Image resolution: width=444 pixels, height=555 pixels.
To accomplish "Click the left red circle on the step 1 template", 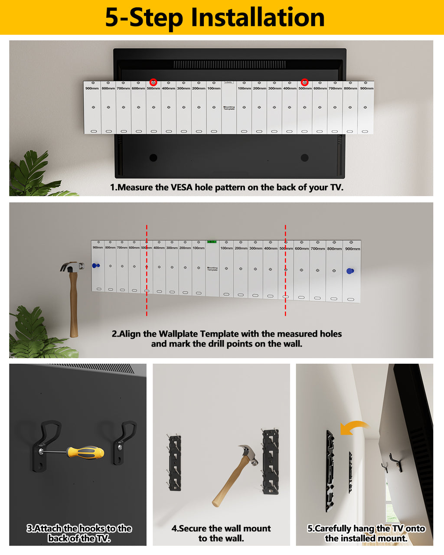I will pyautogui.click(x=153, y=82).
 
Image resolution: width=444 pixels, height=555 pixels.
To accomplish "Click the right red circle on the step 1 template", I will pyautogui.click(x=305, y=82).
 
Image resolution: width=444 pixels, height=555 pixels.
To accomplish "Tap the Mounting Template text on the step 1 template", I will pyautogui.click(x=229, y=108).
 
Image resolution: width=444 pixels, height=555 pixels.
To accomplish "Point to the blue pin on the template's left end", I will pyautogui.click(x=96, y=266).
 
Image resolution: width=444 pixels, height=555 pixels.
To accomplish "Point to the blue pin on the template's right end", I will pyautogui.click(x=350, y=271).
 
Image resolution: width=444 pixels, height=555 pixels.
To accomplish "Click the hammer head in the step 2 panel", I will pyautogui.click(x=72, y=267).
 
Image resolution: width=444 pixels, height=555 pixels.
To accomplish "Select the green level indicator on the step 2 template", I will pyautogui.click(x=212, y=242).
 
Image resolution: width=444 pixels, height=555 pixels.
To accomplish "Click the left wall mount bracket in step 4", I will pyautogui.click(x=174, y=463).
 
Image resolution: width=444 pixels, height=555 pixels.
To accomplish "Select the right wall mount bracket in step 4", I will pyautogui.click(x=270, y=461).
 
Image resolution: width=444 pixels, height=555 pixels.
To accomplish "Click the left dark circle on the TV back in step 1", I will pyautogui.click(x=153, y=158).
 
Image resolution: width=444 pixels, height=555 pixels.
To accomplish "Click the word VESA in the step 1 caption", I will pyautogui.click(x=182, y=187).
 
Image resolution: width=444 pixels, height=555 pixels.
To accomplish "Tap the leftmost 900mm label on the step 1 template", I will pyautogui.click(x=92, y=88).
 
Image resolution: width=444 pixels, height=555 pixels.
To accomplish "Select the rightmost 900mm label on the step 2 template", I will pyautogui.click(x=353, y=249).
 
